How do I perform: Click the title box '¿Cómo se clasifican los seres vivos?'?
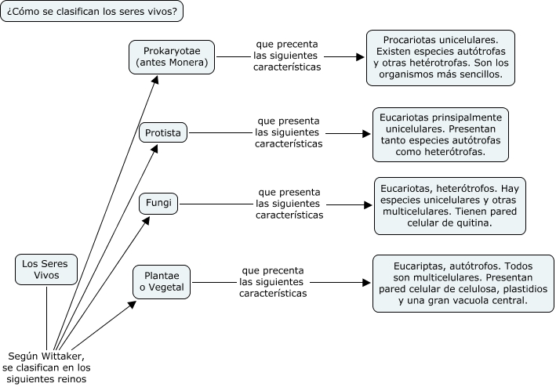point(91,13)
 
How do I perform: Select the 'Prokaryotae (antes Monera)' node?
point(172,56)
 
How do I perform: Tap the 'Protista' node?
point(163,133)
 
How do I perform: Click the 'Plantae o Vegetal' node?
point(162,282)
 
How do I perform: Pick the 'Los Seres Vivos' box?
point(45,269)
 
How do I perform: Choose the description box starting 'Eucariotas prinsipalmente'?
point(441,134)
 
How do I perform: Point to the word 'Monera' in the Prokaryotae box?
point(189,63)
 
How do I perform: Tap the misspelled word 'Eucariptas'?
point(418,266)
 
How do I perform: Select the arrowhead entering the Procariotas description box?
point(362,57)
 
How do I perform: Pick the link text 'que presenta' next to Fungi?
point(289,192)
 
